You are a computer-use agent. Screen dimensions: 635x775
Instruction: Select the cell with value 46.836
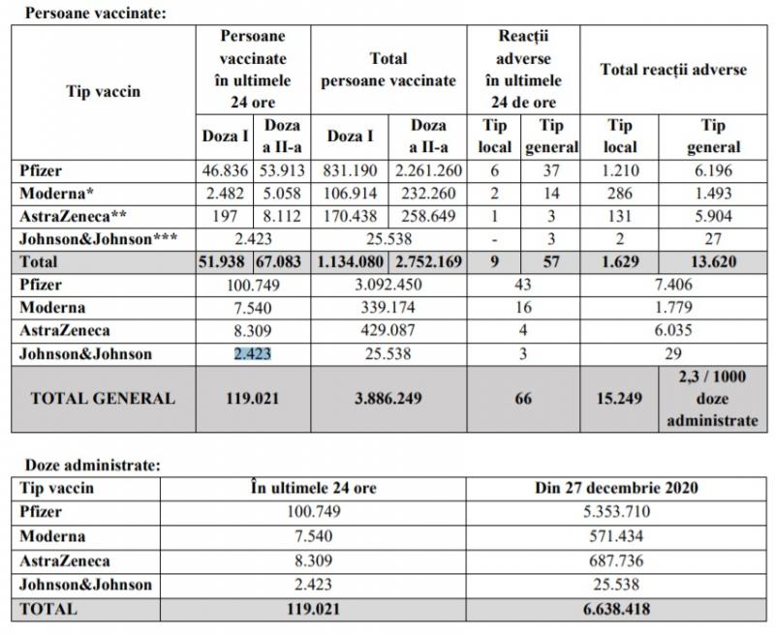(225, 170)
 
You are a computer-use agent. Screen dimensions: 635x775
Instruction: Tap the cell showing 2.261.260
(427, 170)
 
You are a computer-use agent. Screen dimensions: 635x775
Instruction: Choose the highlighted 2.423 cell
(254, 353)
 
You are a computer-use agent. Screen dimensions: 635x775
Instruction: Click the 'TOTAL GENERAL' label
(103, 398)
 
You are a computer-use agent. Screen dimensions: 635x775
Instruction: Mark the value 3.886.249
(387, 398)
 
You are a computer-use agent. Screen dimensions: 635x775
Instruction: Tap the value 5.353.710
(617, 511)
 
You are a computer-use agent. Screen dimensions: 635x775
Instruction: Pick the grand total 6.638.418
(617, 610)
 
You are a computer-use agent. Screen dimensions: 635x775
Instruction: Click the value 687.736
(617, 560)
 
